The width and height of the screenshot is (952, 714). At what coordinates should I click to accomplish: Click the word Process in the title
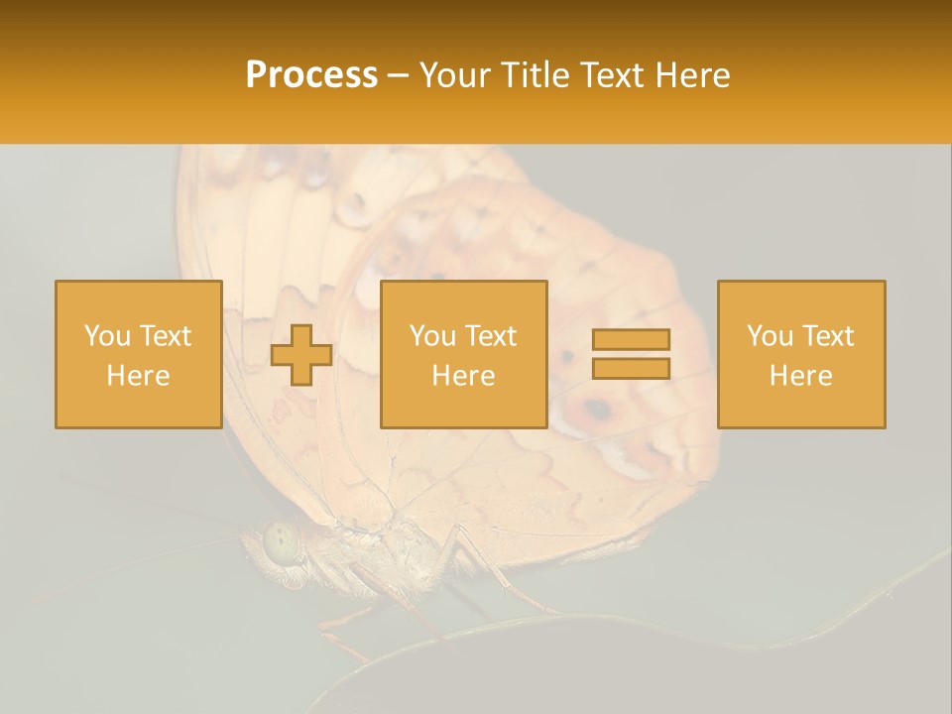tap(311, 75)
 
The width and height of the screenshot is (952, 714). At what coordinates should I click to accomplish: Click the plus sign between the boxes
tap(301, 355)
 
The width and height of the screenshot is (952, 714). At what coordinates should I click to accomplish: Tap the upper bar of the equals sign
tap(631, 340)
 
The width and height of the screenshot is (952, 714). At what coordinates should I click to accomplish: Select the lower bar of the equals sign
tap(631, 368)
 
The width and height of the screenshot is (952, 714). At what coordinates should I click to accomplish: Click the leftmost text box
tap(138, 354)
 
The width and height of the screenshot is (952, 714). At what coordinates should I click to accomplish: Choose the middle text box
tap(463, 354)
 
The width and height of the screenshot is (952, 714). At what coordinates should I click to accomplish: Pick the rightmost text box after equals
tap(800, 354)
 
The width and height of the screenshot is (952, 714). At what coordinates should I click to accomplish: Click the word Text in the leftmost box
tap(165, 336)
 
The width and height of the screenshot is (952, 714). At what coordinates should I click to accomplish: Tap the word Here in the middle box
tap(463, 376)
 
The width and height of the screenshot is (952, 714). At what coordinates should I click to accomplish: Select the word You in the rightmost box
tap(771, 336)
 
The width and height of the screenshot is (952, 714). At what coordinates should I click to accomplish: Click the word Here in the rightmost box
tap(800, 376)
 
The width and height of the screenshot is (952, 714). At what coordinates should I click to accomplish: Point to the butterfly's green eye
tap(281, 541)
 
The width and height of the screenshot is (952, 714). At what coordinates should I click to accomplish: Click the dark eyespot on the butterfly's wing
tap(597, 409)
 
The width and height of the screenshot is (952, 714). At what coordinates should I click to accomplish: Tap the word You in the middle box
tap(433, 336)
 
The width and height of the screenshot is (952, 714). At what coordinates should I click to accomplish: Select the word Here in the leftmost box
tap(138, 376)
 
